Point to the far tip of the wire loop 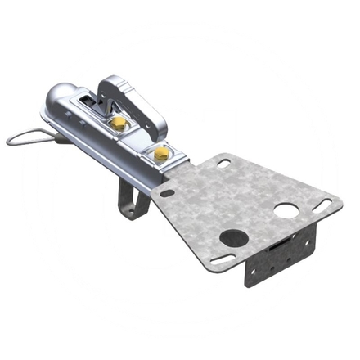tap(10, 140)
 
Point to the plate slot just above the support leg tap(166, 194)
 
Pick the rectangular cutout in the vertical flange tap(278, 249)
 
